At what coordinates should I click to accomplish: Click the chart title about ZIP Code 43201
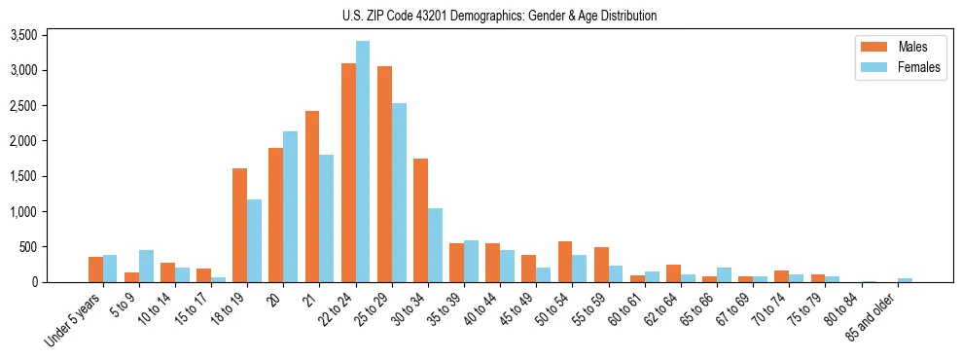499,16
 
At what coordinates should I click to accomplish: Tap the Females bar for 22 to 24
363,162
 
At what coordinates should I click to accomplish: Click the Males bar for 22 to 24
348,172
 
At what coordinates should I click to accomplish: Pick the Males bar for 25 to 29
384,174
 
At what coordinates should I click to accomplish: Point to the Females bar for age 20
291,206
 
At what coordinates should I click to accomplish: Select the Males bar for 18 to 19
240,225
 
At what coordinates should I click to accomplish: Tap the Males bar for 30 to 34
420,220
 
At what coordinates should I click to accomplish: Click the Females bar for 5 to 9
146,266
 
